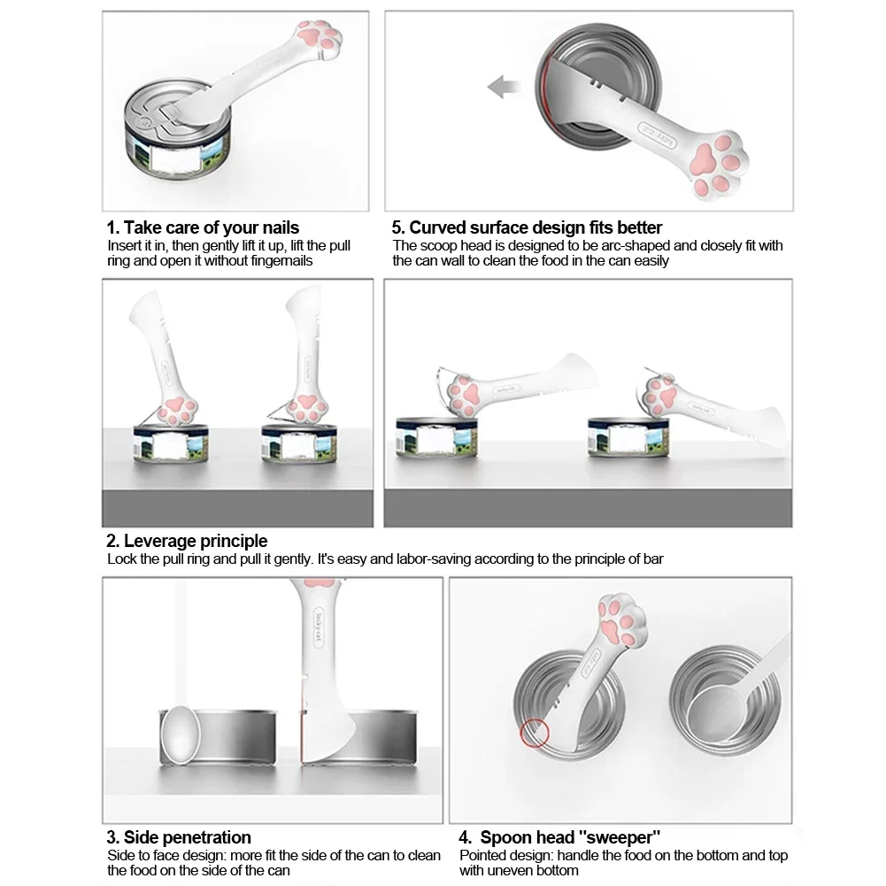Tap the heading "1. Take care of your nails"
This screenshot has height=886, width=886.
[203, 227]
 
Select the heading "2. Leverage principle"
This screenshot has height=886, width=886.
[187, 541]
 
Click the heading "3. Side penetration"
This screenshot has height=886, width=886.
[179, 837]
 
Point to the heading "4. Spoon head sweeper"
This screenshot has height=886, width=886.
[559, 837]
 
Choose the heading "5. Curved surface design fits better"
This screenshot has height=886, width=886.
[527, 227]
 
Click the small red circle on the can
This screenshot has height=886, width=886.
[534, 732]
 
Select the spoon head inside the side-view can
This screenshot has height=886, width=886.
[181, 734]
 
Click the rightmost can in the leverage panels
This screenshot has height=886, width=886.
[627, 439]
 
